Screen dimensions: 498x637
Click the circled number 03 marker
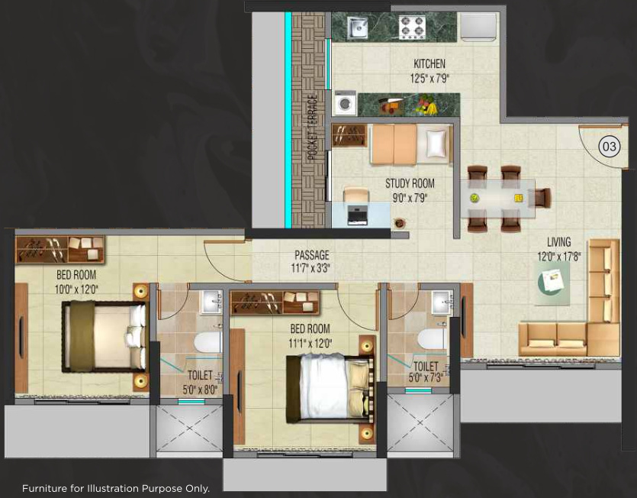(x=609, y=147)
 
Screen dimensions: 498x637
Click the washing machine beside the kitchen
(x=345, y=103)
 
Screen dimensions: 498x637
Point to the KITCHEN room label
(x=429, y=64)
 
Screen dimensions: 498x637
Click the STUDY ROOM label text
(x=410, y=183)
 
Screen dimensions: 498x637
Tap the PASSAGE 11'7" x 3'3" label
(x=312, y=260)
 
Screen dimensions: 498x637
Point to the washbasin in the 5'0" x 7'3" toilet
(x=441, y=301)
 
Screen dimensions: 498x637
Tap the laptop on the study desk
(x=357, y=214)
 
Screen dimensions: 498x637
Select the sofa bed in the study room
(x=410, y=144)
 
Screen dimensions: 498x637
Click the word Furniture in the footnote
(x=47, y=487)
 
